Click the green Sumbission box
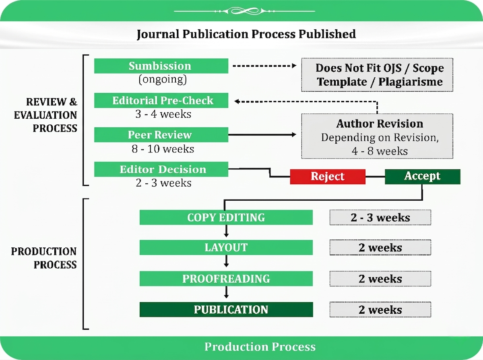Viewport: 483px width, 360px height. pyautogui.click(x=161, y=66)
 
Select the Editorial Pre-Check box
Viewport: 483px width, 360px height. pyautogui.click(x=161, y=100)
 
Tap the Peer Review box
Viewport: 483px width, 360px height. pyautogui.click(x=161, y=135)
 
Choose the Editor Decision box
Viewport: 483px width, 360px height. pyautogui.click(x=161, y=169)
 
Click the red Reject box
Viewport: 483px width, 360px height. pyautogui.click(x=328, y=177)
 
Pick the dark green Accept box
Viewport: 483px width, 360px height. pyautogui.click(x=423, y=177)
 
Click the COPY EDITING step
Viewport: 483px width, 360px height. pyautogui.click(x=226, y=217)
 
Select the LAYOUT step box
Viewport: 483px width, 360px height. pyautogui.click(x=226, y=247)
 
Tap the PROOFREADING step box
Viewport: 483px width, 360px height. pyautogui.click(x=226, y=278)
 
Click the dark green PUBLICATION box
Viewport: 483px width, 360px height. pyautogui.click(x=226, y=309)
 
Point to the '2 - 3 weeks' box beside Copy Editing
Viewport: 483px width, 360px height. pyautogui.click(x=380, y=217)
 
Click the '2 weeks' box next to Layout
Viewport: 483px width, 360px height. pyautogui.click(x=380, y=247)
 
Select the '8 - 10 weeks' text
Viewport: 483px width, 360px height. pyautogui.click(x=163, y=149)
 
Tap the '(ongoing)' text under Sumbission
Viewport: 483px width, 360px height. pyautogui.click(x=163, y=79)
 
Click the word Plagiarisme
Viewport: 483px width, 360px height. pyautogui.click(x=411, y=82)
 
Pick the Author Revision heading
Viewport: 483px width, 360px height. pyautogui.click(x=380, y=123)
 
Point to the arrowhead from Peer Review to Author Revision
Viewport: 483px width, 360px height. pyautogui.click(x=294, y=135)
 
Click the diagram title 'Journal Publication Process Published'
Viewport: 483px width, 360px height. pyautogui.click(x=246, y=34)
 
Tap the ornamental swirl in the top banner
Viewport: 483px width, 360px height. pyautogui.click(x=244, y=11)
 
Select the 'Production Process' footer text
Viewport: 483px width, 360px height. pyautogui.click(x=260, y=347)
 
